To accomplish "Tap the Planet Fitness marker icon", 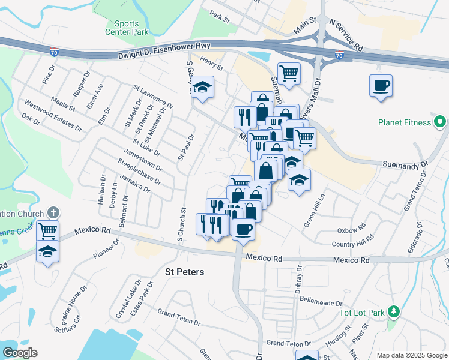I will pos(441,122).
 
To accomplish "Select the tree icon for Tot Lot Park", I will pos(394,311).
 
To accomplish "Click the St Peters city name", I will pos(184,272).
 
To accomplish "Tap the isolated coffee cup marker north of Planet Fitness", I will pos(381,86).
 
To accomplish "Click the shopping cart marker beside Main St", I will pos(289,73).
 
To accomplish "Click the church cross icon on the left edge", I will pos(53,213).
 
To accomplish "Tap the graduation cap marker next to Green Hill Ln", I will pos(298,180).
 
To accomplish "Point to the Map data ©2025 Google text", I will pos(411,355).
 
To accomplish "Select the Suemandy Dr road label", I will pos(406,163).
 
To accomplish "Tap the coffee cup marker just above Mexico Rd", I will pos(243,229).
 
